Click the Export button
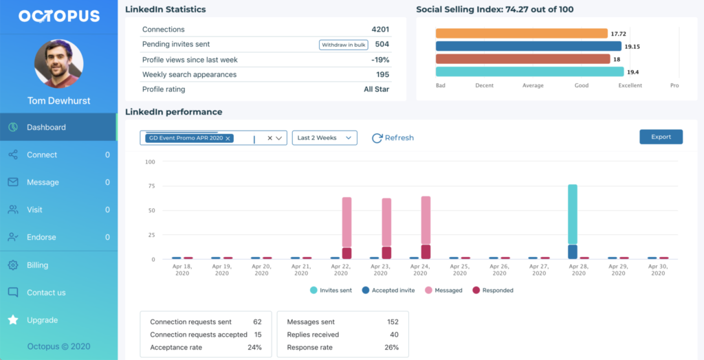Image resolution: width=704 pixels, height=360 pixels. (661, 137)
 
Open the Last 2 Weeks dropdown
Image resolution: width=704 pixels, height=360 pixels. (324, 138)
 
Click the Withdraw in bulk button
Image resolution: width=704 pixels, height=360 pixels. (344, 45)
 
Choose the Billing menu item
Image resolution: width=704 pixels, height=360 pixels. (37, 265)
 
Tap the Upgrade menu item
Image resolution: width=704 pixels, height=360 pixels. (42, 320)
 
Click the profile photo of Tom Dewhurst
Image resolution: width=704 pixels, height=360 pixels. (58, 64)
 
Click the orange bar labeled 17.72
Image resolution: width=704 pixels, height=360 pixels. (522, 33)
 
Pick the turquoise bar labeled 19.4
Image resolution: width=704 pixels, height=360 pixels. (529, 71)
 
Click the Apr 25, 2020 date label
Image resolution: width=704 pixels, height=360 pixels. (459, 269)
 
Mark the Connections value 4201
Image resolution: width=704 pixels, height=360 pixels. (380, 30)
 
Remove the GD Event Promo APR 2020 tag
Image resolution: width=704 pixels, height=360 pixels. (228, 138)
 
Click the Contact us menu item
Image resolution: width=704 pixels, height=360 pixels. (46, 293)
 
